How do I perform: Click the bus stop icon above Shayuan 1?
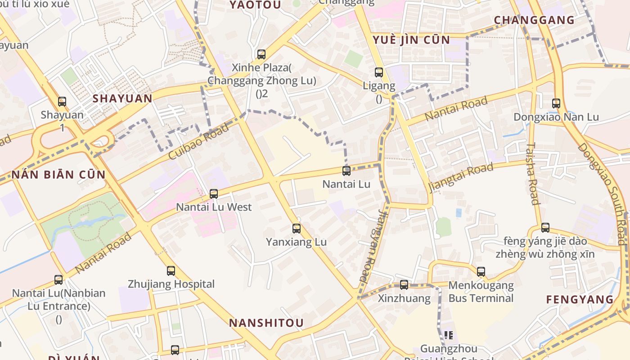(x=62, y=102)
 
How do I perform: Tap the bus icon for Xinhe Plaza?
(x=261, y=54)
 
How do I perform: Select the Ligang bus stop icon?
(x=379, y=72)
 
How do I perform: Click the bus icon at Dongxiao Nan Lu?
(x=556, y=103)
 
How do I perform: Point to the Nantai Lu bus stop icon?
(x=346, y=171)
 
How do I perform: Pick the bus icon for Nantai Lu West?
(x=214, y=194)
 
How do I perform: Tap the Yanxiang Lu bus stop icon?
(x=296, y=229)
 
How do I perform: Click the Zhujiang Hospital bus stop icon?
(x=171, y=270)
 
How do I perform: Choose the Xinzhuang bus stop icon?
(x=404, y=284)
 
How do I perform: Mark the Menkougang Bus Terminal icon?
(x=481, y=271)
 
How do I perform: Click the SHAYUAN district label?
(x=122, y=99)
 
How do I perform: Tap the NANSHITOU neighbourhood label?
(x=266, y=323)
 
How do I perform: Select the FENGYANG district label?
(x=580, y=300)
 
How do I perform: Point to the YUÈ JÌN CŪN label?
(x=411, y=40)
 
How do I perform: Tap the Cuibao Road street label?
(x=198, y=141)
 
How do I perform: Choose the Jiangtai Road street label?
(x=460, y=177)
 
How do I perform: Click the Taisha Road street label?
(x=533, y=174)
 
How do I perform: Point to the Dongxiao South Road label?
(x=603, y=193)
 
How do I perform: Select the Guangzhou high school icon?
(x=448, y=335)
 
